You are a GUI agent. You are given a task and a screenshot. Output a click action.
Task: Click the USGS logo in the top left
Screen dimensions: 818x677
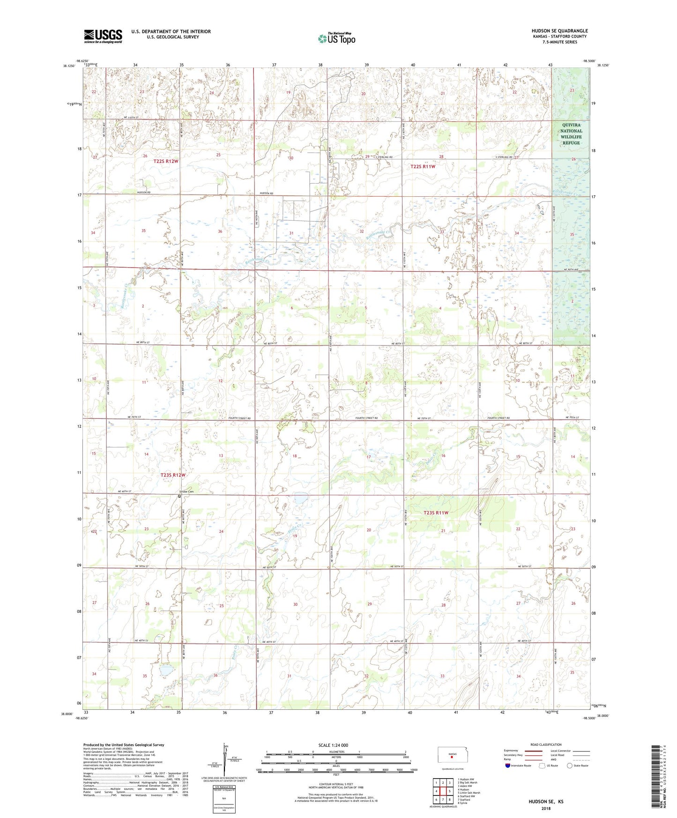pyautogui.click(x=103, y=36)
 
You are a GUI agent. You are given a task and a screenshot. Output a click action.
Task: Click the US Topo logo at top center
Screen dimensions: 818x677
pyautogui.click(x=336, y=38)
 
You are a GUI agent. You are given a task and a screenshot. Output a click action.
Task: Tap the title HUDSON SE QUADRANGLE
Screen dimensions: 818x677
pyautogui.click(x=559, y=30)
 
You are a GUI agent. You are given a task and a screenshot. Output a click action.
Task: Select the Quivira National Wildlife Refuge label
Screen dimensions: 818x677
pyautogui.click(x=571, y=134)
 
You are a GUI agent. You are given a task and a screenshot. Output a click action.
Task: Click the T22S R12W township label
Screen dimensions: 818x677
pyautogui.click(x=166, y=161)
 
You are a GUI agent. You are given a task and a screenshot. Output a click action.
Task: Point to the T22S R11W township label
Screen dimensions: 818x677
pyautogui.click(x=423, y=166)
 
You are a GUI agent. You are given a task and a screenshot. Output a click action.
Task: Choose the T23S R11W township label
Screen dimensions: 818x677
pyautogui.click(x=436, y=513)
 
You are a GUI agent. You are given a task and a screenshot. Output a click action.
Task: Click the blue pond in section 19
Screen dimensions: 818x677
pyautogui.click(x=298, y=500)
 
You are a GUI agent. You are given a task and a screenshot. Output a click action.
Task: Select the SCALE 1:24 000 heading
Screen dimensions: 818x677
pyautogui.click(x=333, y=745)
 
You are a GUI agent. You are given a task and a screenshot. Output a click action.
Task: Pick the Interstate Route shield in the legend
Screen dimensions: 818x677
pyautogui.click(x=508, y=766)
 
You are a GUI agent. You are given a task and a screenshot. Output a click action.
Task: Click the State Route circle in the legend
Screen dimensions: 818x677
pyautogui.click(x=570, y=766)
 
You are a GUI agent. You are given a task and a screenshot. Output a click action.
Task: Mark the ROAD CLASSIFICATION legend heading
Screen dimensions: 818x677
pyautogui.click(x=533, y=744)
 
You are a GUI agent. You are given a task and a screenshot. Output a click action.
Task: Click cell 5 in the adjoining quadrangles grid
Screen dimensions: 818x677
pyautogui.click(x=449, y=791)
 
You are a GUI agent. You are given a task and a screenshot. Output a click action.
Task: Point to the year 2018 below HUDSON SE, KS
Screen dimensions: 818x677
pyautogui.click(x=546, y=808)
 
